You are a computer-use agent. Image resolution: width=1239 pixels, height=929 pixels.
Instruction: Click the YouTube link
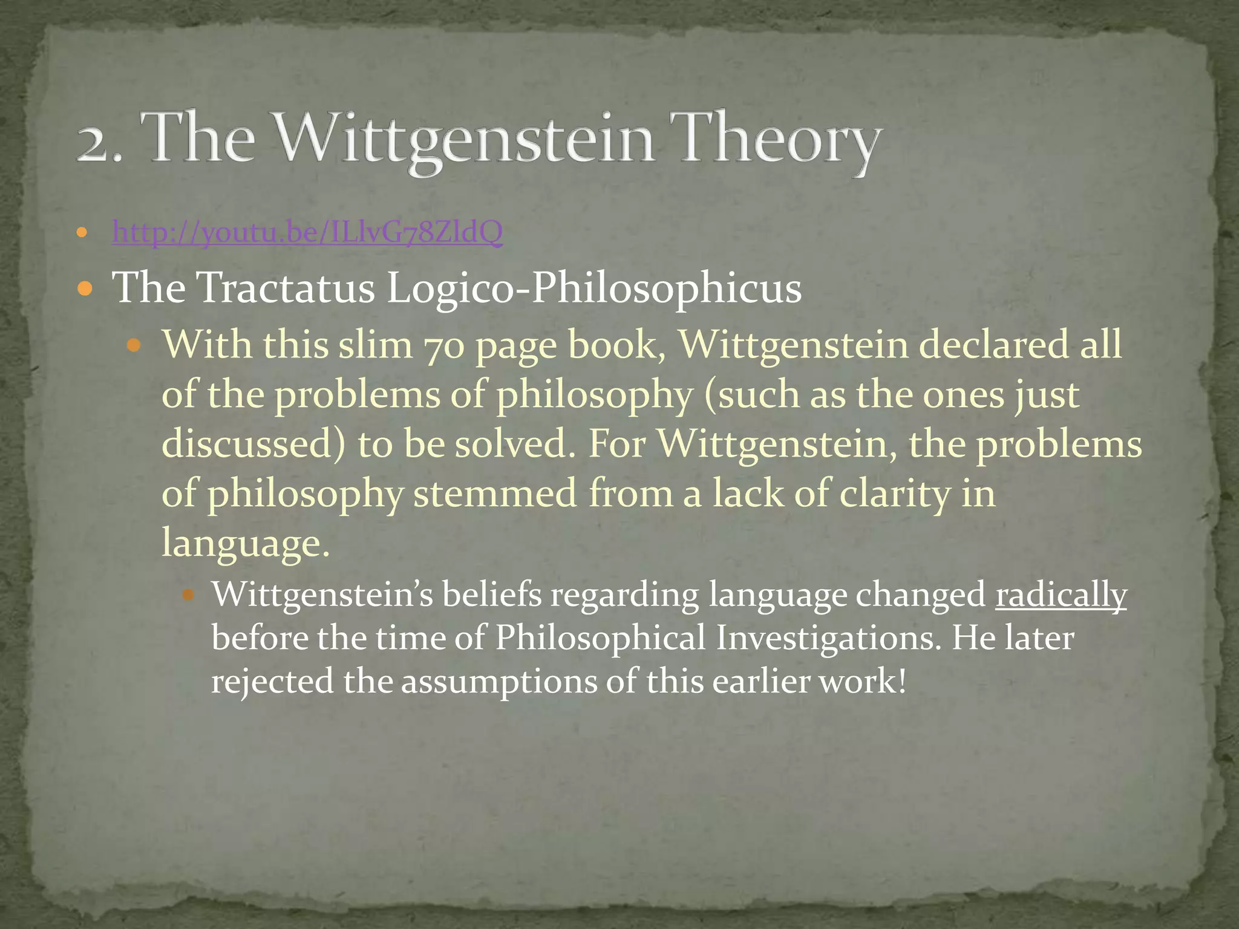(307, 232)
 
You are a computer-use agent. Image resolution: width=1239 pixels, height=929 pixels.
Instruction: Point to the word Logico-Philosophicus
(594, 288)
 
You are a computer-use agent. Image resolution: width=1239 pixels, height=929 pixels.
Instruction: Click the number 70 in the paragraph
(443, 345)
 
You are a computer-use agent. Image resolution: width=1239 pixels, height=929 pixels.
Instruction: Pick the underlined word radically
(1061, 595)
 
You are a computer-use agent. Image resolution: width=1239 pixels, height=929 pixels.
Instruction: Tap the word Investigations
(828, 638)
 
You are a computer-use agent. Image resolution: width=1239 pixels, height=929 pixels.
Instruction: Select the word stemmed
(495, 494)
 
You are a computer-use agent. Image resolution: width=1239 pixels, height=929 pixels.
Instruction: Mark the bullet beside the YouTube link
(83, 232)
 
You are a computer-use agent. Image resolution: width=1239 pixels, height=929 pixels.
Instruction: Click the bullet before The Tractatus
(85, 288)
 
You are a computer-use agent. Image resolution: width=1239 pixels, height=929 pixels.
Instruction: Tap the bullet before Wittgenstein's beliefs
(188, 595)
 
